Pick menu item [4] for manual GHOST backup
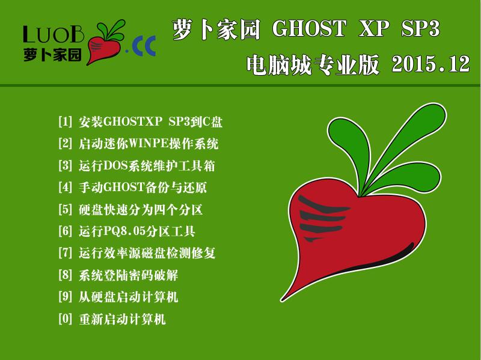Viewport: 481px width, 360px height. (x=132, y=188)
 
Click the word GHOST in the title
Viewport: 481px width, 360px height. (x=310, y=28)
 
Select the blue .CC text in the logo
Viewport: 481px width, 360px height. (x=141, y=46)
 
